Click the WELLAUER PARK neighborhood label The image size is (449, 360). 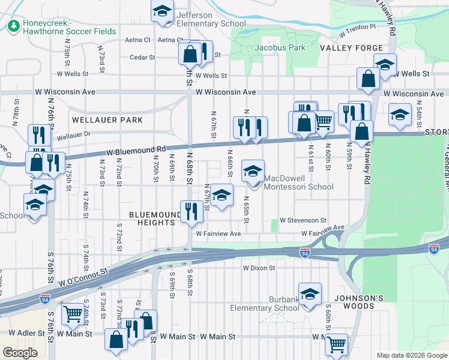(107, 120)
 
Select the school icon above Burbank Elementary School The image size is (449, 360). (310, 295)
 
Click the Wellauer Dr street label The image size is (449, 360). (73, 136)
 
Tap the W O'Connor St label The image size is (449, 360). (82, 277)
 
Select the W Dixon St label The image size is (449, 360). (259, 268)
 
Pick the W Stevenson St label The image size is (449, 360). (303, 221)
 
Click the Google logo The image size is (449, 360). (20, 353)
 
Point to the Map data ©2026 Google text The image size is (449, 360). (411, 355)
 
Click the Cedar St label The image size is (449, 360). (143, 58)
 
